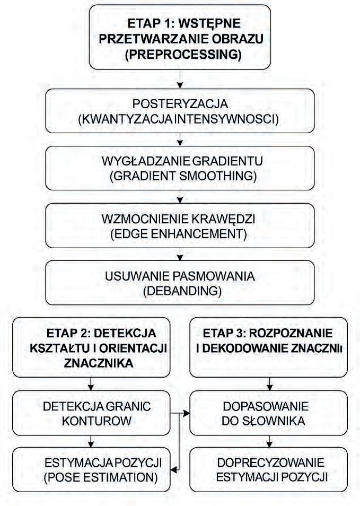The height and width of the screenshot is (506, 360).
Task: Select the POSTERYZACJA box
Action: [180, 110]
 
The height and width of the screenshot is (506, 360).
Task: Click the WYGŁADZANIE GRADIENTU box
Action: [180, 167]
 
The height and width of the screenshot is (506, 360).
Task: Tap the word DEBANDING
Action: [180, 291]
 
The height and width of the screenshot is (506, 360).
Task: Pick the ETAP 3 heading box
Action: [270, 347]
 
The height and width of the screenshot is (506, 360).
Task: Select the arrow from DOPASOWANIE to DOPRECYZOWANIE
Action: [270, 440]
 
